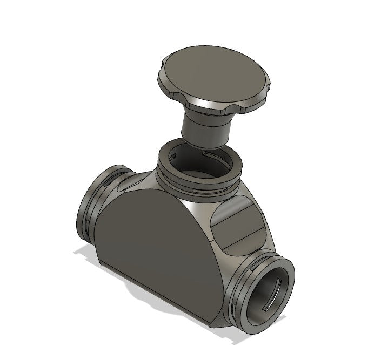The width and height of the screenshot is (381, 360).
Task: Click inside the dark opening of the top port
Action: [x=198, y=165]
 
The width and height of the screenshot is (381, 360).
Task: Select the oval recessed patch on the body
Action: [x=238, y=224]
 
